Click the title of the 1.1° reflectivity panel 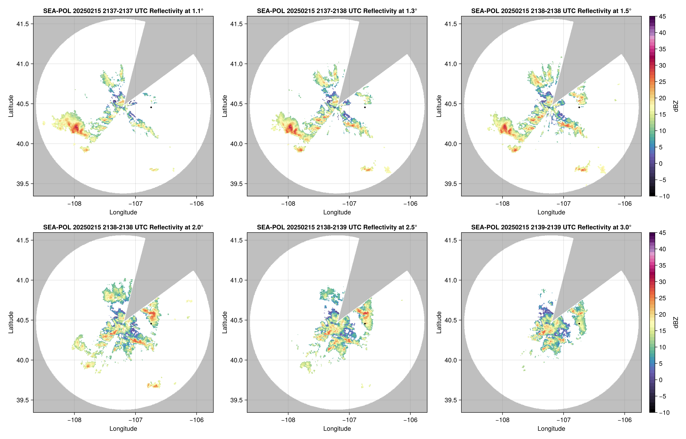click(x=123, y=11)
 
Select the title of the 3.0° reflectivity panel click(x=551, y=227)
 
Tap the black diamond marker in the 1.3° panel click(x=365, y=107)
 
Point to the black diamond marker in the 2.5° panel click(x=365, y=324)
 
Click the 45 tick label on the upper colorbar click(x=662, y=17)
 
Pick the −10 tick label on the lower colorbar click(x=664, y=412)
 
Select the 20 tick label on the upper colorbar click(x=662, y=98)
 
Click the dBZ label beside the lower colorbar click(x=675, y=323)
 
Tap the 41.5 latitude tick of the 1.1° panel click(x=23, y=24)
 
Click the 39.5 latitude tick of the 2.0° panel click(x=23, y=400)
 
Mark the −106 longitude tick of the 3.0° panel click(x=624, y=420)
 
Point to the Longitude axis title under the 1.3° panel click(x=337, y=212)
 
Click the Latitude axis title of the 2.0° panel click(x=11, y=323)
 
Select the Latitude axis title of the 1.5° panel click(x=439, y=106)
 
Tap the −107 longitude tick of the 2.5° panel click(x=349, y=420)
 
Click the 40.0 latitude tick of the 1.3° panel click(x=237, y=144)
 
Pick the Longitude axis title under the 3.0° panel click(x=551, y=429)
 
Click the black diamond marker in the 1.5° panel click(x=579, y=107)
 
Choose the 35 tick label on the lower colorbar click(x=662, y=265)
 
